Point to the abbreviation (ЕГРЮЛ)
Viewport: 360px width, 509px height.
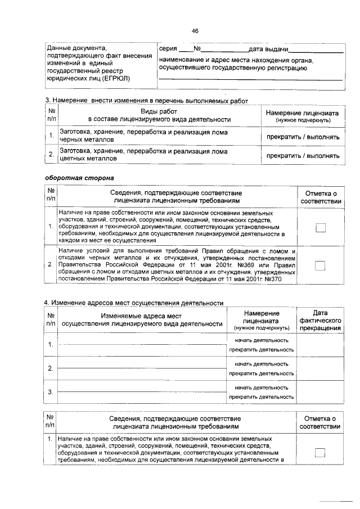tap(111, 79)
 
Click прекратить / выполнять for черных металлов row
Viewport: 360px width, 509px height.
tap(303, 137)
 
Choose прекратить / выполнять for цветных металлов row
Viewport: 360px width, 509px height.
tap(303, 156)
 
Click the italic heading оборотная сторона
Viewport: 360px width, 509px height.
tap(79, 178)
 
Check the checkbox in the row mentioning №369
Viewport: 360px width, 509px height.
tap(320, 265)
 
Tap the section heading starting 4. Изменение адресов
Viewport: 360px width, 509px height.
tap(134, 303)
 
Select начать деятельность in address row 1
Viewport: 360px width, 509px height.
tap(262, 340)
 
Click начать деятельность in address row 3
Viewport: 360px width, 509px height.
tap(262, 388)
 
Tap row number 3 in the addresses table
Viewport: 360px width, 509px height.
tap(51, 392)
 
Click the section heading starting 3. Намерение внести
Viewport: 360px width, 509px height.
tap(146, 100)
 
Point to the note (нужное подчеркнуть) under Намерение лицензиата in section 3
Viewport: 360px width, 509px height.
tap(303, 120)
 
